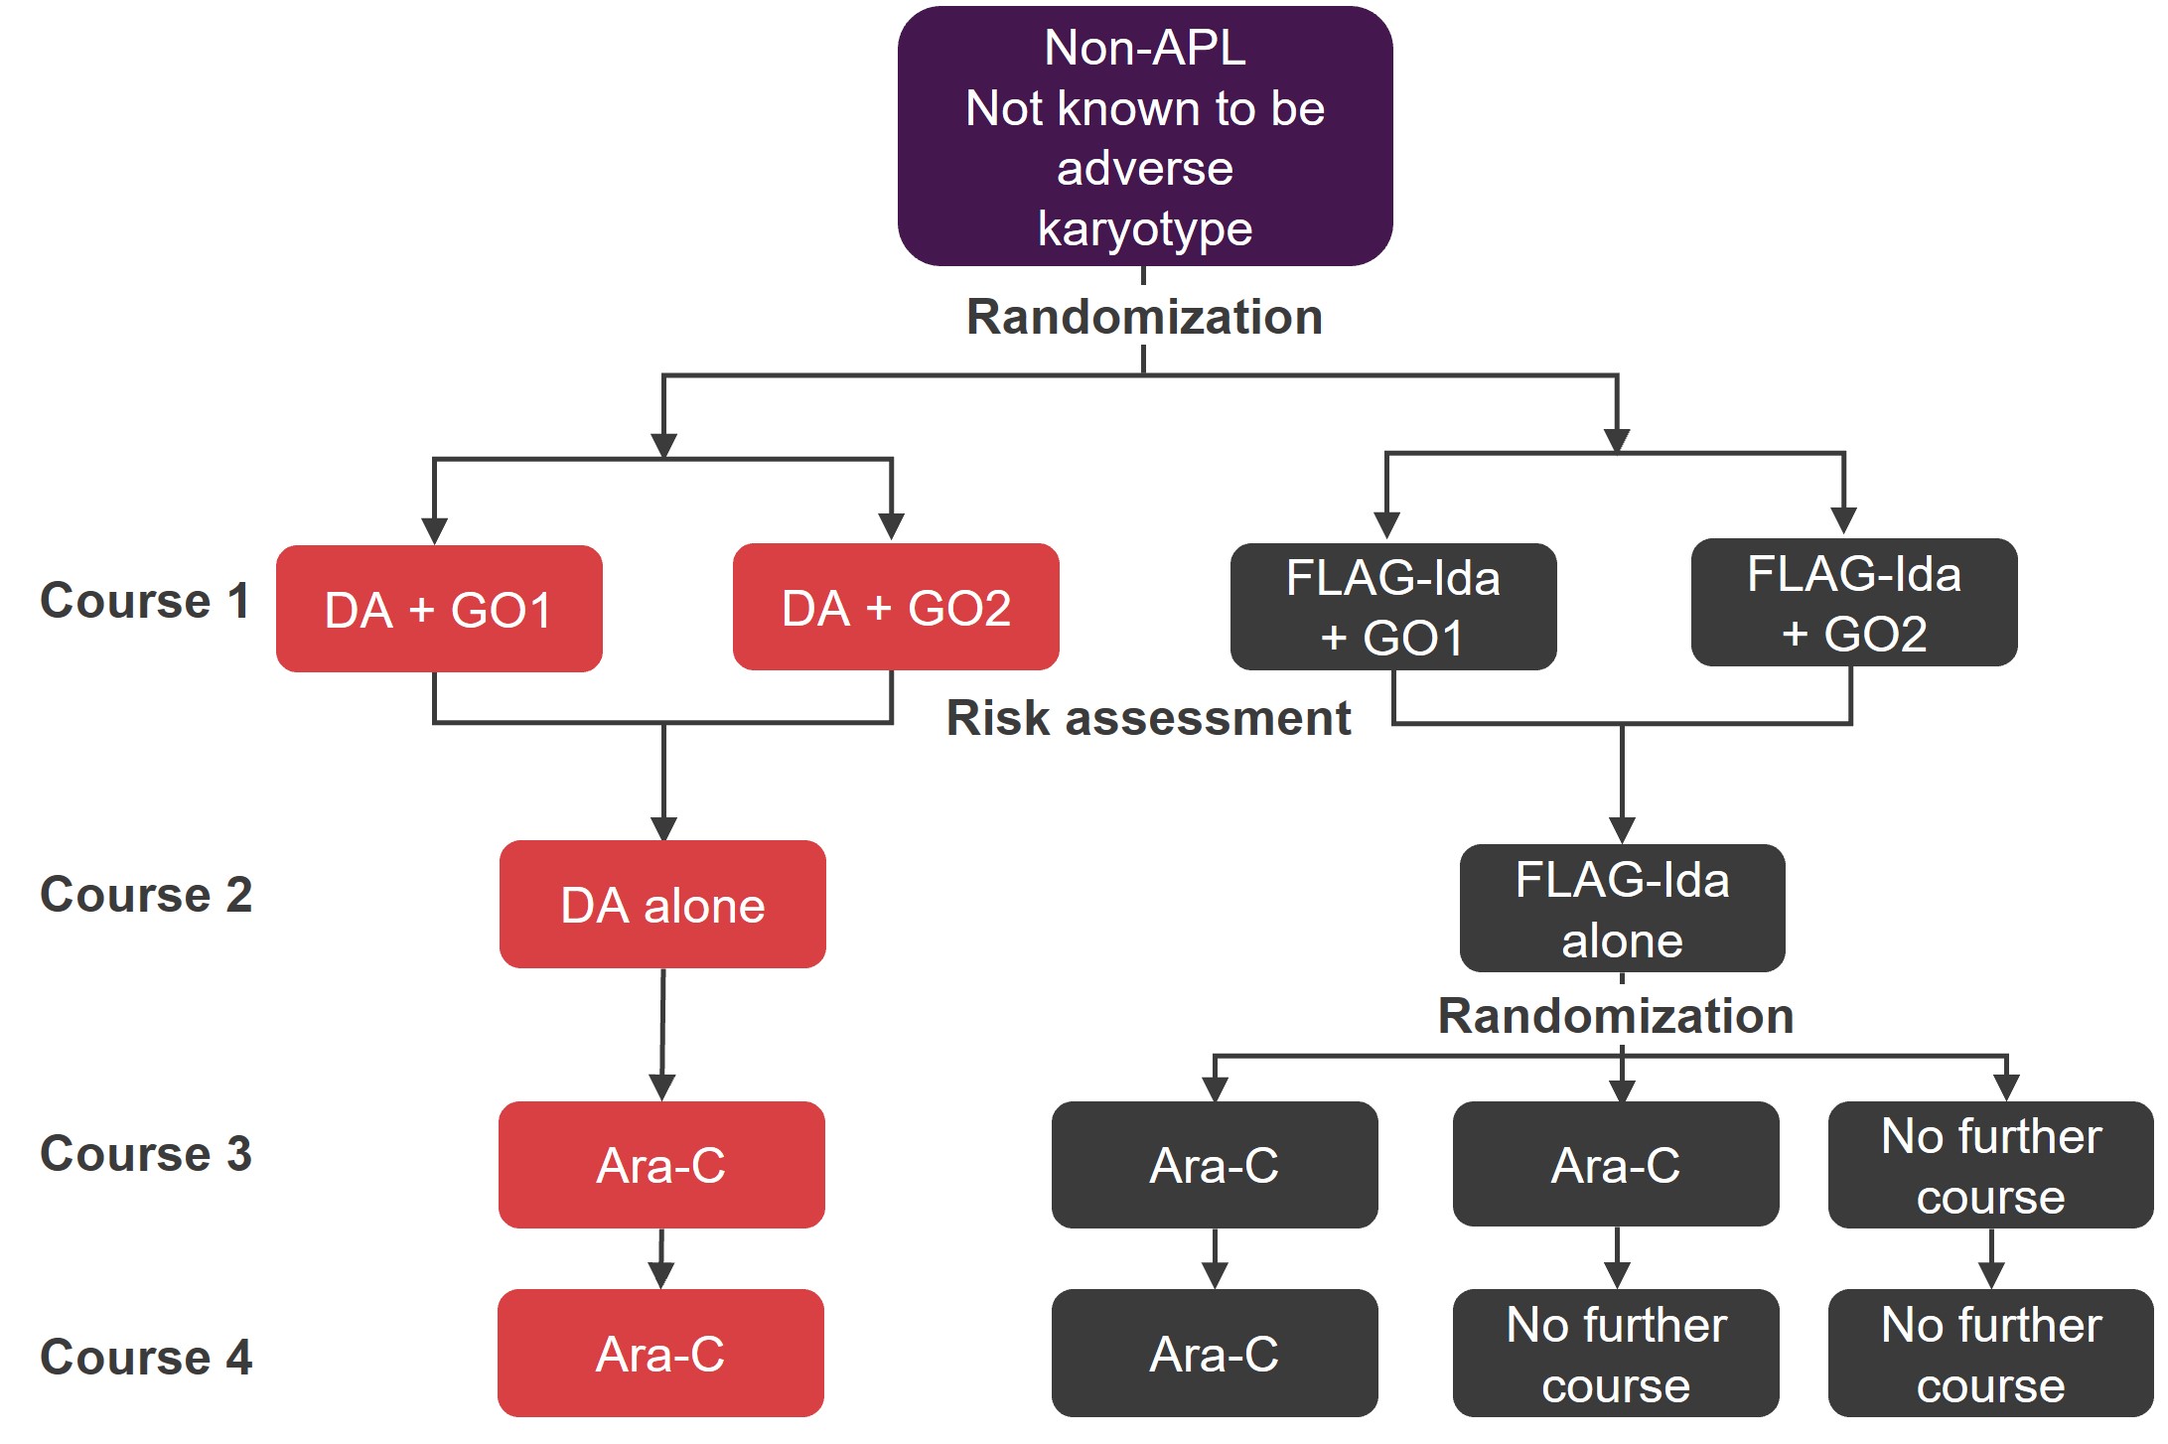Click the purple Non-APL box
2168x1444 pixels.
[1144, 136]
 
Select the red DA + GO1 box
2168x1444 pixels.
[439, 609]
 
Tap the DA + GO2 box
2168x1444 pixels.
[896, 607]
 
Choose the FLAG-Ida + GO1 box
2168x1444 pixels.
[1393, 607]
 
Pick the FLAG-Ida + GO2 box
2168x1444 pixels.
[1854, 603]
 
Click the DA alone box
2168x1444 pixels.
[662, 905]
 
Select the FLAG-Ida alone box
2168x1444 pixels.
[1622, 908]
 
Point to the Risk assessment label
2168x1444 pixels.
[1148, 718]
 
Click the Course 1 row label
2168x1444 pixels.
[145, 601]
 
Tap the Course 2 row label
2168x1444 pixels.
[146, 895]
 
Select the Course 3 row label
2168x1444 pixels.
[146, 1154]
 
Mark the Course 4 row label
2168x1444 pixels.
[146, 1358]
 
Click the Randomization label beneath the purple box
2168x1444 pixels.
[1144, 317]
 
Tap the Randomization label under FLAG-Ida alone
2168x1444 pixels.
[1616, 1016]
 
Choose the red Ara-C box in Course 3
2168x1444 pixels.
[661, 1165]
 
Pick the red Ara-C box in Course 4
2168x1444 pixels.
[660, 1353]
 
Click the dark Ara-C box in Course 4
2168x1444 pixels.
[1215, 1353]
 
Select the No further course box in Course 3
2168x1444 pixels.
[1991, 1165]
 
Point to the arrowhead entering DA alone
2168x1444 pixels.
[663, 828]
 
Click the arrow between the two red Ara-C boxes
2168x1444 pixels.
[661, 1258]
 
